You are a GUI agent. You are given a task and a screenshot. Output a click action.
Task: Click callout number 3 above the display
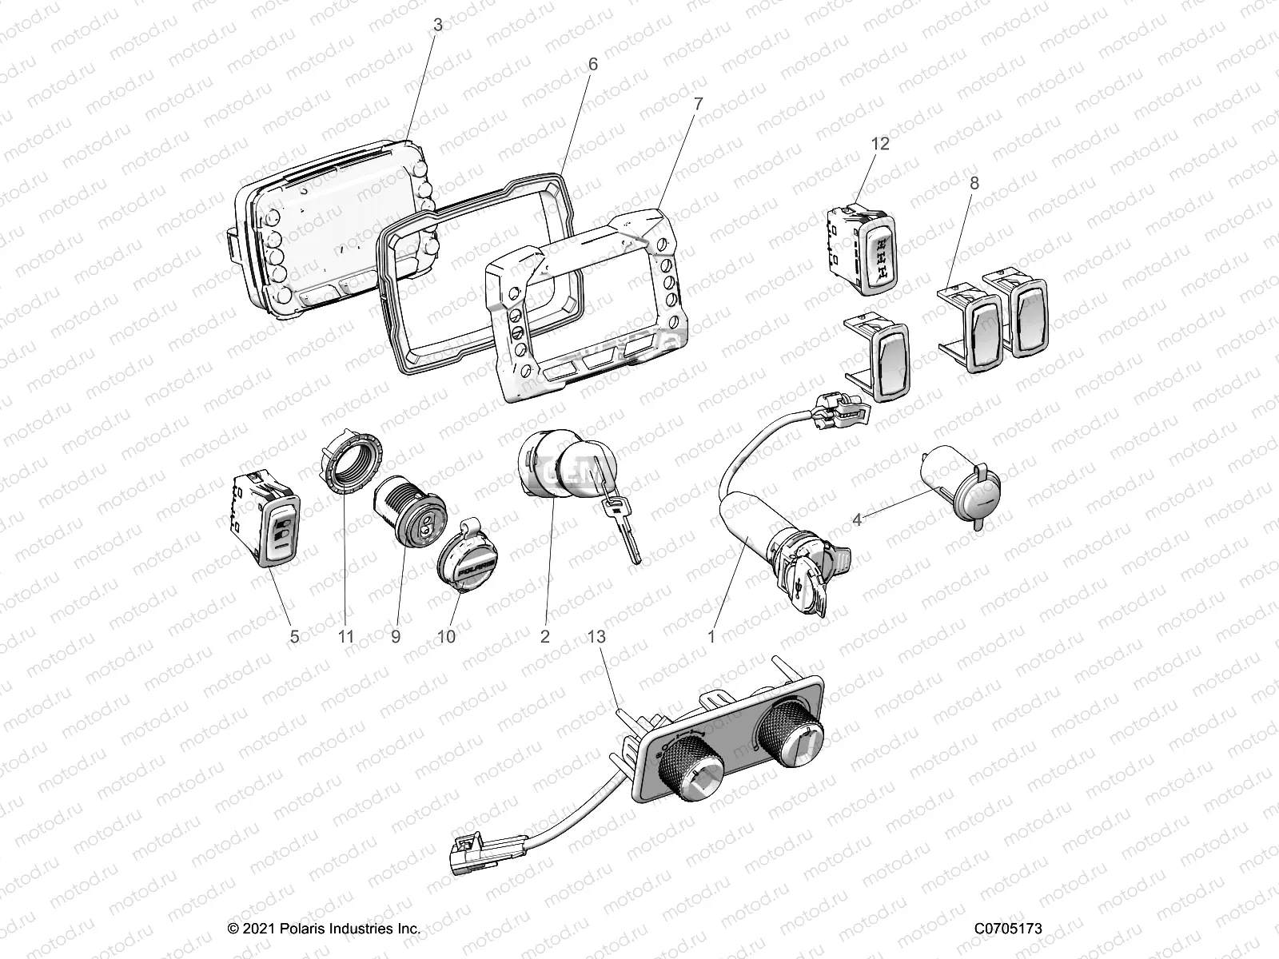click(436, 26)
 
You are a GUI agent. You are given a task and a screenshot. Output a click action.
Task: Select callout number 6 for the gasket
click(592, 64)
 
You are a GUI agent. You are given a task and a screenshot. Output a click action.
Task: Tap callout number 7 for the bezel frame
click(698, 104)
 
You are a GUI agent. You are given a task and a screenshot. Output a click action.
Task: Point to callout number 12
click(880, 144)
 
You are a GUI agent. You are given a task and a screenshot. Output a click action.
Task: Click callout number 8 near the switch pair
click(974, 183)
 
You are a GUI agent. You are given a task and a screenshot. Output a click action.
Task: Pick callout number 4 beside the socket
click(857, 520)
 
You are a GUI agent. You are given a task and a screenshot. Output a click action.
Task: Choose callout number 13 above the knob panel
click(596, 637)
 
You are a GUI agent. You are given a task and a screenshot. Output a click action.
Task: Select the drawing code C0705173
click(1008, 929)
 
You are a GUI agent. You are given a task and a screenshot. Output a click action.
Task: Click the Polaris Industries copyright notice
click(323, 929)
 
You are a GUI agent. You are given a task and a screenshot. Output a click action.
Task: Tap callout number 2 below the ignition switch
click(545, 637)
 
